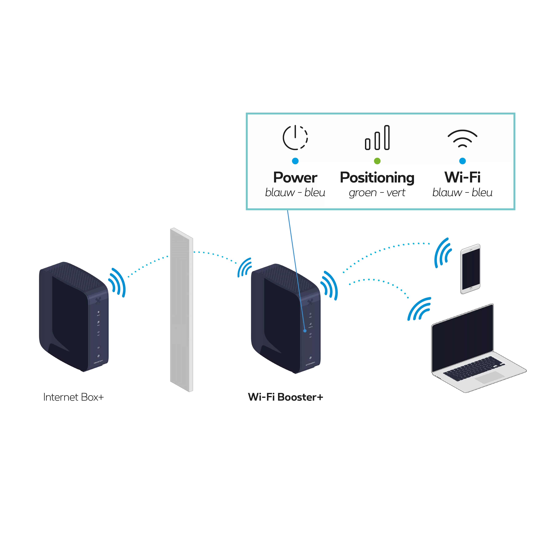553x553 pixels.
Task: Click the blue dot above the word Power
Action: pyautogui.click(x=295, y=161)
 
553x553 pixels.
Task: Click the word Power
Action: pyautogui.click(x=295, y=177)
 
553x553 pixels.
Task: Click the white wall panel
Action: pyautogui.click(x=181, y=309)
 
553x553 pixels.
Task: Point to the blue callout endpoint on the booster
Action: pyautogui.click(x=305, y=331)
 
